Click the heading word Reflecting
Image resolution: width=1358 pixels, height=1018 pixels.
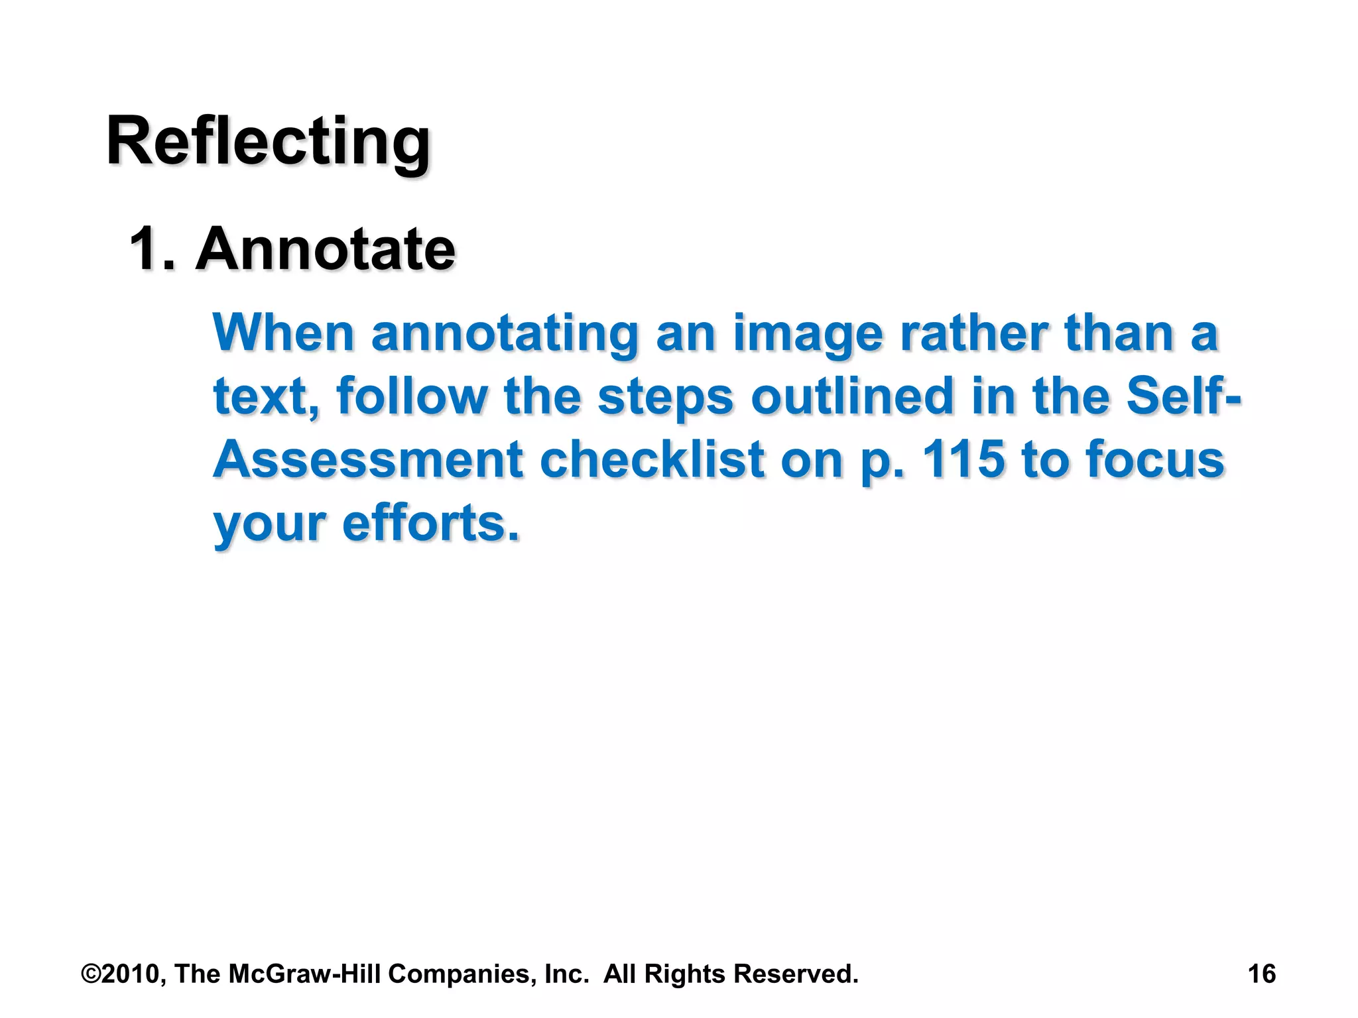click(269, 142)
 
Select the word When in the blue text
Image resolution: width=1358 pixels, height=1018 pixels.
click(283, 333)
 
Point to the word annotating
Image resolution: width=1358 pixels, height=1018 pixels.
click(505, 334)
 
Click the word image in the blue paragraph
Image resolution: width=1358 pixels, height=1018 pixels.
click(808, 334)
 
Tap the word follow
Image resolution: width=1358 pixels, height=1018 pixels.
click(412, 396)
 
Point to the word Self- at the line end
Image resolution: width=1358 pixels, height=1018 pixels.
click(1183, 396)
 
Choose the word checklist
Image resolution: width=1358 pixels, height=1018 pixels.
click(652, 460)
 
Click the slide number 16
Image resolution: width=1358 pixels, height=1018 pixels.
click(1261, 974)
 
